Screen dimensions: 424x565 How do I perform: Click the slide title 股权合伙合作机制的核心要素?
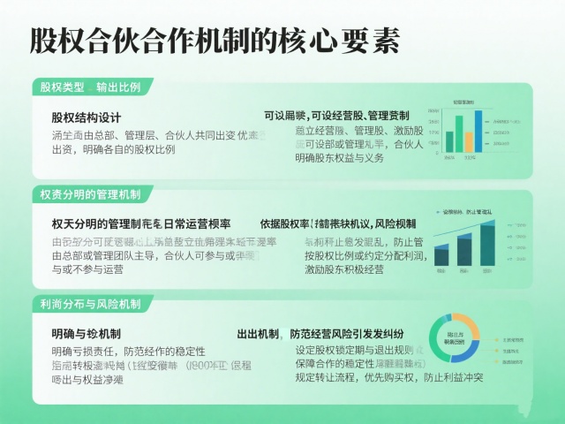pos(215,40)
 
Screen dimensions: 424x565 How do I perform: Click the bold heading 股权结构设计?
pos(86,117)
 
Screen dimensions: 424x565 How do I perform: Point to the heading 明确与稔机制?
pos(86,334)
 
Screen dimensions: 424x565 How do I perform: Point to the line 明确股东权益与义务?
pos(339,158)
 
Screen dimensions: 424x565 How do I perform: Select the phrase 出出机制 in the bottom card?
pos(258,334)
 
